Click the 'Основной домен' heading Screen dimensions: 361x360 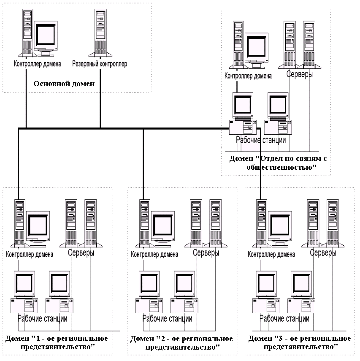(64, 84)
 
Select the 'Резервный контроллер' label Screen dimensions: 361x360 (99, 64)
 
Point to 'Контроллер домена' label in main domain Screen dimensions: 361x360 (37, 64)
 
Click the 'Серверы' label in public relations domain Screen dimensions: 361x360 (300, 74)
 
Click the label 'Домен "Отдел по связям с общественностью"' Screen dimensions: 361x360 (278, 163)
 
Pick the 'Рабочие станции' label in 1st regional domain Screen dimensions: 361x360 (42, 319)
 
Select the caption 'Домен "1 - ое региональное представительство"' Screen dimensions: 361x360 (57, 342)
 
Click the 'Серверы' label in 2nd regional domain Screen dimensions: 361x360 (206, 252)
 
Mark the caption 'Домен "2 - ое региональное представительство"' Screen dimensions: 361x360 (181, 343)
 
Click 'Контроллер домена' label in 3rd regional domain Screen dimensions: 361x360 (271, 254)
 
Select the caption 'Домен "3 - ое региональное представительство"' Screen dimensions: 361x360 (300, 342)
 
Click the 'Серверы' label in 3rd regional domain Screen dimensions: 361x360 (323, 252)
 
